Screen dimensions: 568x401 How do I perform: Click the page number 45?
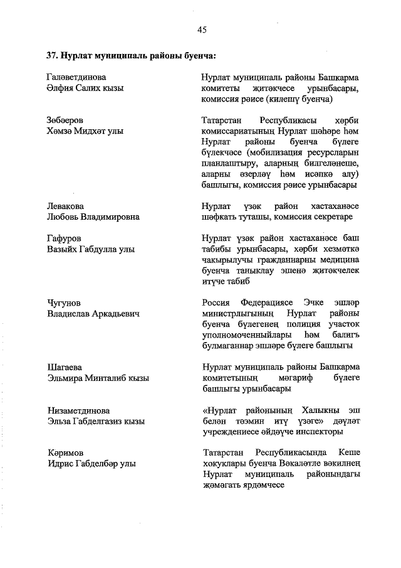point(201,29)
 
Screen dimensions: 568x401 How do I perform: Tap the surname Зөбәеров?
point(66,120)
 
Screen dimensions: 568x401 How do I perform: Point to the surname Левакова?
point(66,206)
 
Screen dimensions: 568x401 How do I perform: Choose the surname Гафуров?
point(65,238)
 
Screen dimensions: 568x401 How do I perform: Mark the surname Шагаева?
point(65,367)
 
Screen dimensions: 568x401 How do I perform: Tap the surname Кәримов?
point(65,453)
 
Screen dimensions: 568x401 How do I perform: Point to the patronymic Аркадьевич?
point(114,314)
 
